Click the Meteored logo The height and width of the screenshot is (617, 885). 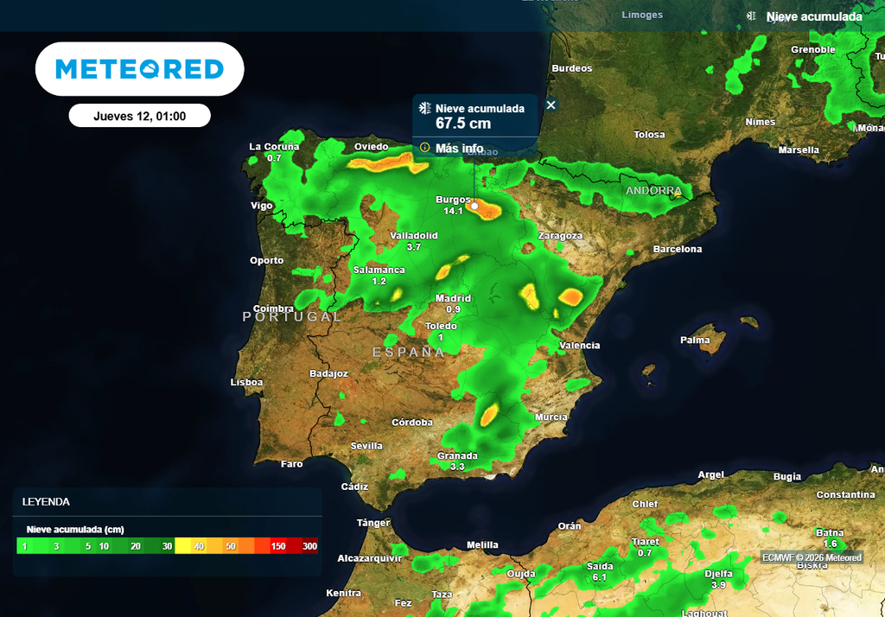click(139, 69)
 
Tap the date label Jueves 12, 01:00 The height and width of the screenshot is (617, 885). click(139, 116)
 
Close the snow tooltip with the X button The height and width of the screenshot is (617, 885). click(551, 105)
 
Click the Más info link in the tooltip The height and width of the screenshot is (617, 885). click(458, 148)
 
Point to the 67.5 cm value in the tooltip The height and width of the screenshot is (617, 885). click(463, 124)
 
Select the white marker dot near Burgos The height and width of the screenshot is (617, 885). click(474, 207)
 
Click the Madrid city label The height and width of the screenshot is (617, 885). click(453, 299)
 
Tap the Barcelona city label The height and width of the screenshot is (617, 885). click(678, 249)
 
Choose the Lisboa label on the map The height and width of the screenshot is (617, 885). click(247, 382)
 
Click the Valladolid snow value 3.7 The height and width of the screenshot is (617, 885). click(413, 247)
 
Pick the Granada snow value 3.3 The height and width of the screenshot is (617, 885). click(457, 467)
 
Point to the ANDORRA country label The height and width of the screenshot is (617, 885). click(653, 190)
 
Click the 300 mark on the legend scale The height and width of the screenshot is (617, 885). click(309, 546)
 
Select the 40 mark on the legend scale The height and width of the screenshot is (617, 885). click(200, 546)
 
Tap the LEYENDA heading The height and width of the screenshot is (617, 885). click(46, 501)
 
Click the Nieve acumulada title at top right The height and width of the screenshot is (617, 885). click(813, 16)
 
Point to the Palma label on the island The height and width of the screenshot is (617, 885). click(695, 340)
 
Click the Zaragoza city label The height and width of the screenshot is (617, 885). click(560, 235)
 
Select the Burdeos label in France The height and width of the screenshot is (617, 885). click(572, 68)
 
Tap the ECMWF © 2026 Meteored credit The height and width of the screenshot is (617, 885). click(812, 557)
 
